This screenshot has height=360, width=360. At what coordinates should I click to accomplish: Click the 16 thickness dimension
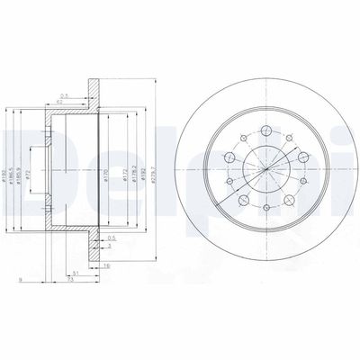[x=106, y=267]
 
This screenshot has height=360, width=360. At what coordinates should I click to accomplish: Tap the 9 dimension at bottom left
[x=18, y=283]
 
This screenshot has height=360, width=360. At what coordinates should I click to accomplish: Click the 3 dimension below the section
[x=108, y=245]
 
